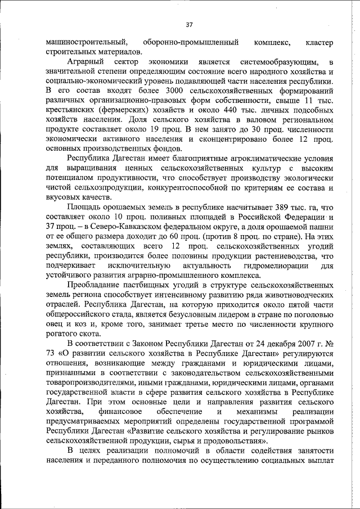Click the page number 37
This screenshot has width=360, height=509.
click(x=189, y=24)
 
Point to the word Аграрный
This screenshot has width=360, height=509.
click(x=84, y=61)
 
